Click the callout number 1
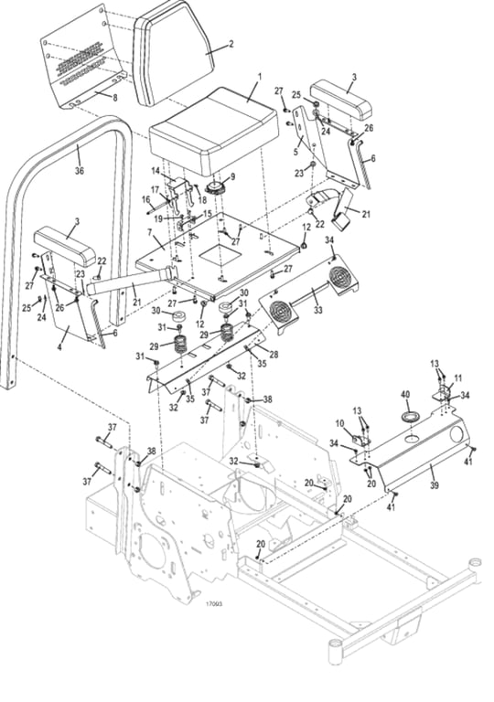259,77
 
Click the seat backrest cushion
176,53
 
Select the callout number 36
80,171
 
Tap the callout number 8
114,97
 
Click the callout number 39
435,484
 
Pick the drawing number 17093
214,604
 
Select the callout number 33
317,310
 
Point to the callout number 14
156,171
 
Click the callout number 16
146,198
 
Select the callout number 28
274,355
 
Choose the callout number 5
295,152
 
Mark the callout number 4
59,346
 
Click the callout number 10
340,422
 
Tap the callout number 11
457,378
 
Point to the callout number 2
231,44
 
